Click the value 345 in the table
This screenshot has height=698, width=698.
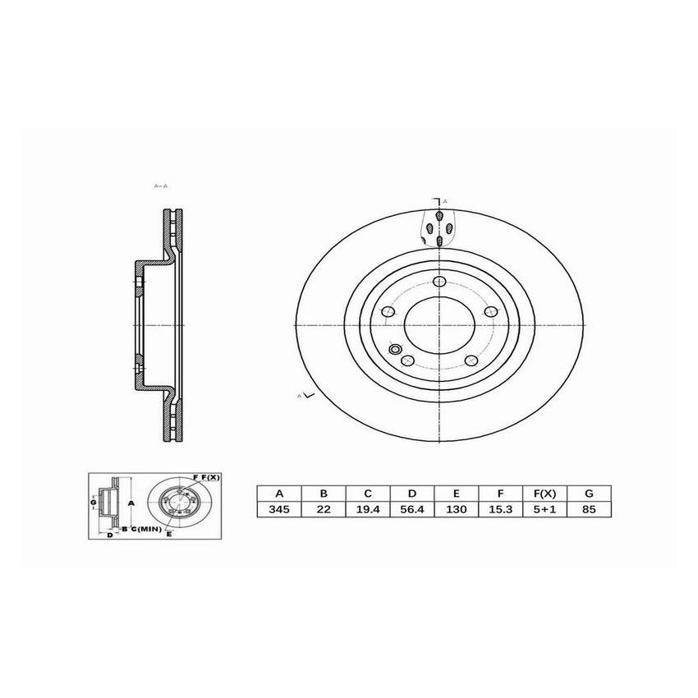coord(279,509)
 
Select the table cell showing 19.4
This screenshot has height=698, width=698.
coord(368,509)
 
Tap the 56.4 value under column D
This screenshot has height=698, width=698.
coord(412,509)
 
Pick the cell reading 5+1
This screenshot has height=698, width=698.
coord(544,509)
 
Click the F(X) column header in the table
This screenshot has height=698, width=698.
coord(544,494)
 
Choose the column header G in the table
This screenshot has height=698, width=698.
coord(589,494)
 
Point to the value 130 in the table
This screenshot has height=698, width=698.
coord(457,509)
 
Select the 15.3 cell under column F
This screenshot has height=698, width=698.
coord(501,509)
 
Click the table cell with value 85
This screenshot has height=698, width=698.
coord(589,509)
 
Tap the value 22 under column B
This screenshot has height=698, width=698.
coord(324,509)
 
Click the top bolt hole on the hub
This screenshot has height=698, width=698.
coord(442,283)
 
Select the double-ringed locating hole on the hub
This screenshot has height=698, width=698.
coord(397,351)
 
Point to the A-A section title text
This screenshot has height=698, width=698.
coord(161,186)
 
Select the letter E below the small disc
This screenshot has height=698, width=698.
coord(169,535)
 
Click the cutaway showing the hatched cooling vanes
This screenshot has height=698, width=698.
coord(440,227)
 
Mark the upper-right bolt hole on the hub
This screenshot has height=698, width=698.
coord(491,311)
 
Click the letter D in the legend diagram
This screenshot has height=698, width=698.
coord(109,535)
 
